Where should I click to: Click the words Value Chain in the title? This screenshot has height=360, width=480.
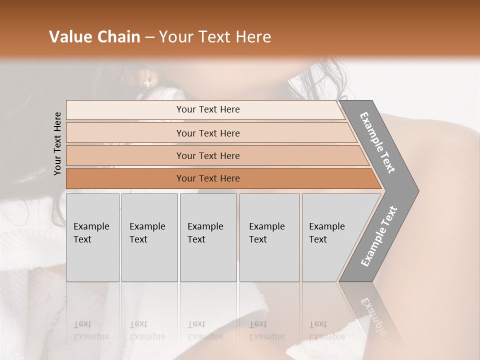[94, 37]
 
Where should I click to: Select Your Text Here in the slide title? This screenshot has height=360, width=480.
[215, 37]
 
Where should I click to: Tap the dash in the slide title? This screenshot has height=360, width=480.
[149, 37]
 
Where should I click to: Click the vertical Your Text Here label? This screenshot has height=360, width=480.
[57, 143]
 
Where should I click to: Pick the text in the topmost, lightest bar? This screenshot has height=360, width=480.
[208, 109]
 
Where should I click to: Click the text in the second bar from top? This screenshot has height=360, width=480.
[208, 133]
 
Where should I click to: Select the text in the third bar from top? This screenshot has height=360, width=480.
[208, 156]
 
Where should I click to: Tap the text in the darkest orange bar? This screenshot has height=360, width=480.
[208, 178]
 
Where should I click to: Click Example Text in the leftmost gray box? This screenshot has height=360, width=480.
[91, 233]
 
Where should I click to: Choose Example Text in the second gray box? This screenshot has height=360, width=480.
[147, 233]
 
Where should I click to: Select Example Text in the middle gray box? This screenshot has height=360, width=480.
[205, 233]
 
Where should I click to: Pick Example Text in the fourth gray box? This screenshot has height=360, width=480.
[266, 233]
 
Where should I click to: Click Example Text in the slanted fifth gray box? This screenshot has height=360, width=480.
[326, 233]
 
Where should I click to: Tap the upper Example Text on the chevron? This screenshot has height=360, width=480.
[377, 142]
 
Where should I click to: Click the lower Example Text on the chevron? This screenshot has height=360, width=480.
[379, 236]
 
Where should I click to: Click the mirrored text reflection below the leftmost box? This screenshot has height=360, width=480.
[91, 330]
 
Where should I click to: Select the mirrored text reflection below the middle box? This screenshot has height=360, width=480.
[205, 330]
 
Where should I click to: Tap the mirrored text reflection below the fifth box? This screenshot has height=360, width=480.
[326, 330]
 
